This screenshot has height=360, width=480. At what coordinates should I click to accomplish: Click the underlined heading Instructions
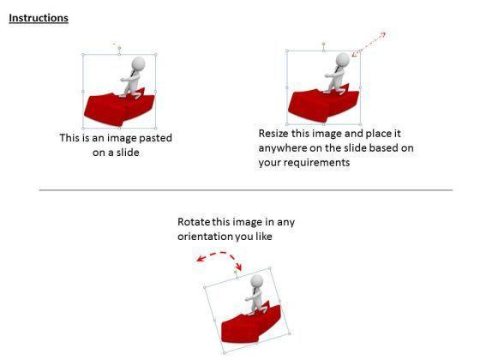(39, 18)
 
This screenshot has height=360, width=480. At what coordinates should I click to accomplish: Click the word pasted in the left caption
(155, 138)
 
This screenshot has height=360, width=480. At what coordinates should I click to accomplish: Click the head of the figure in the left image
(139, 63)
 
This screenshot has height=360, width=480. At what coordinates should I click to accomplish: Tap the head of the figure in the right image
(343, 59)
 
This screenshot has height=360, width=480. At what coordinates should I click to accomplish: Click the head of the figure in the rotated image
(256, 281)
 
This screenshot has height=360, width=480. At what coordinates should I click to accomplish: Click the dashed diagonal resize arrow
(369, 45)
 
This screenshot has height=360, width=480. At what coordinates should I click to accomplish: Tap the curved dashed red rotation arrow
(219, 254)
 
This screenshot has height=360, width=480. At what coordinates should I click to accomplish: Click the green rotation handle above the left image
(119, 48)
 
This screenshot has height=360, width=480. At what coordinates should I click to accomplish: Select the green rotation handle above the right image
(324, 44)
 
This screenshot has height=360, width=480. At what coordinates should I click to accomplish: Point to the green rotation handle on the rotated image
(236, 272)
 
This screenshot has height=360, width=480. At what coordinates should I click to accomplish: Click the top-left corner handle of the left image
(83, 55)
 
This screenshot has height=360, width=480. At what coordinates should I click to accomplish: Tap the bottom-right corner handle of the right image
(360, 124)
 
